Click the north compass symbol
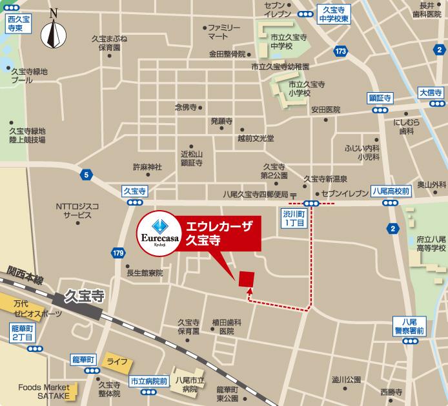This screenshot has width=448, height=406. coord(53,32)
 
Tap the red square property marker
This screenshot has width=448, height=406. coord(247,278)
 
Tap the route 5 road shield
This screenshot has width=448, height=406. coord(86,174)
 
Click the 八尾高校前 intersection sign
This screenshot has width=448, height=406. coord(391,191)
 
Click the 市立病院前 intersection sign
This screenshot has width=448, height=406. coord(149,381)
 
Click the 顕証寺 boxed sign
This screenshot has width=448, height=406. coord(381,98)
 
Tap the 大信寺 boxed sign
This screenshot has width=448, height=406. coord(430,93)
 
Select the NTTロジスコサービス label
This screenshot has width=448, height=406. coord(77,211)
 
